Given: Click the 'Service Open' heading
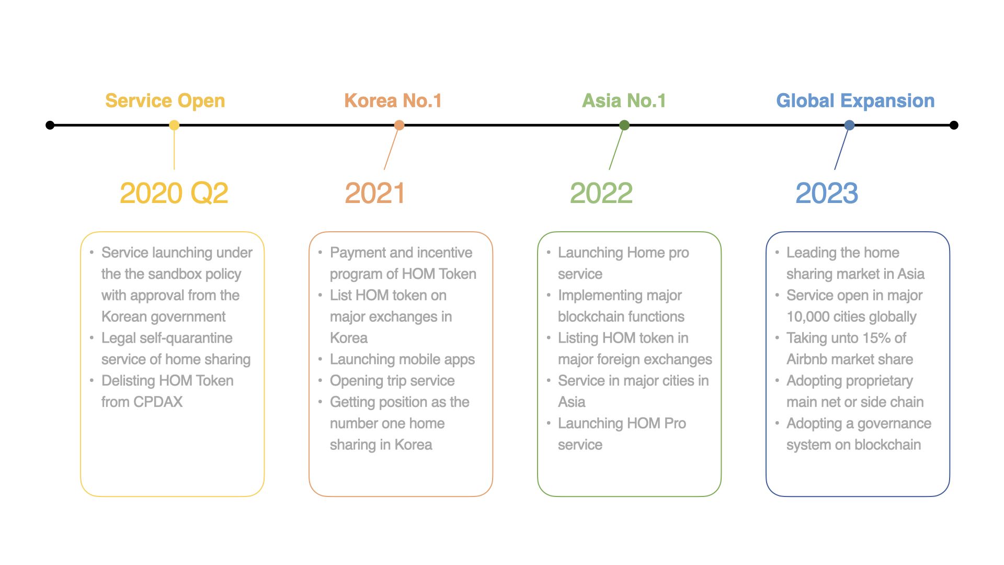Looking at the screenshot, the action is coord(165,101).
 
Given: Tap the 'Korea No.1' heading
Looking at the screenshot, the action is coord(393,100).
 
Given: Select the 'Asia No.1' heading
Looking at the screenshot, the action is coord(624,100).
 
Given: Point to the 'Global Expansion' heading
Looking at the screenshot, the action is coord(855,101).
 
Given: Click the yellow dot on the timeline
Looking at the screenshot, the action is coord(174,125).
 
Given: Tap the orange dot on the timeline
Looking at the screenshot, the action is coord(399,125).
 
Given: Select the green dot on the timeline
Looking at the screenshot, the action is coord(624,125).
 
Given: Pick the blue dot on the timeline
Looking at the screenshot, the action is coord(849,125).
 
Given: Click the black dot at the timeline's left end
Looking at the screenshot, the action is coord(50,125).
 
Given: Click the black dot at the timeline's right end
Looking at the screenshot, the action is coord(954,125).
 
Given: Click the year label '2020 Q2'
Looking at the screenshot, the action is coord(174,193).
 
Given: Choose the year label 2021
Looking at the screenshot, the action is coord(375,193).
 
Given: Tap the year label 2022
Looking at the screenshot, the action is coord(601,193).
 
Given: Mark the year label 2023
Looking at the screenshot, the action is coord(827,193).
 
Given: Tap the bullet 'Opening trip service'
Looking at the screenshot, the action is coord(392,381).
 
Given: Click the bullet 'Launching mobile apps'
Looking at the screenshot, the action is coord(402,359).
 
